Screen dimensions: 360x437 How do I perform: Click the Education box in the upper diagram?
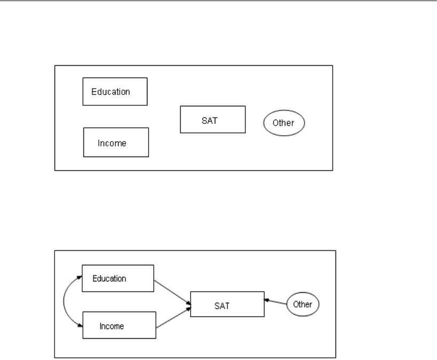tap(115, 91)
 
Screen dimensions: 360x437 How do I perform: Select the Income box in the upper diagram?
tap(116, 142)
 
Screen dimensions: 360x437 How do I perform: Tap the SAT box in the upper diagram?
tap(213, 119)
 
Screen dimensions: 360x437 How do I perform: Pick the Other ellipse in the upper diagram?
tap(284, 123)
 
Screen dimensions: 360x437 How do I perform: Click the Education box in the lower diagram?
tap(118, 278)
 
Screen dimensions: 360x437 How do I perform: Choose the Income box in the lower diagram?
tap(119, 325)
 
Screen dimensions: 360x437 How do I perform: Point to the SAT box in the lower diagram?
tap(227, 304)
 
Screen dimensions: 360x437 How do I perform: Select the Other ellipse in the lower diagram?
tap(303, 304)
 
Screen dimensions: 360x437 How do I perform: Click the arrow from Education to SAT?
tap(172, 292)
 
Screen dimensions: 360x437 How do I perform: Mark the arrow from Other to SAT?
tap(276, 302)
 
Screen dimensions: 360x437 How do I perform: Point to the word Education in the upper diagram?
tap(111, 91)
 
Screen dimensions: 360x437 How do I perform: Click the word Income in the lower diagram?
tap(112, 326)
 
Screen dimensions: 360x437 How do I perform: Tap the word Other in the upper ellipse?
tap(284, 123)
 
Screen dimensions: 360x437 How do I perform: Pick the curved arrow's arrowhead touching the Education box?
tap(79, 277)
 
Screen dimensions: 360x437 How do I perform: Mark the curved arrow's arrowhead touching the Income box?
tap(80, 324)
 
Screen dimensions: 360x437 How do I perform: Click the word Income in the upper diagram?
tap(112, 143)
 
